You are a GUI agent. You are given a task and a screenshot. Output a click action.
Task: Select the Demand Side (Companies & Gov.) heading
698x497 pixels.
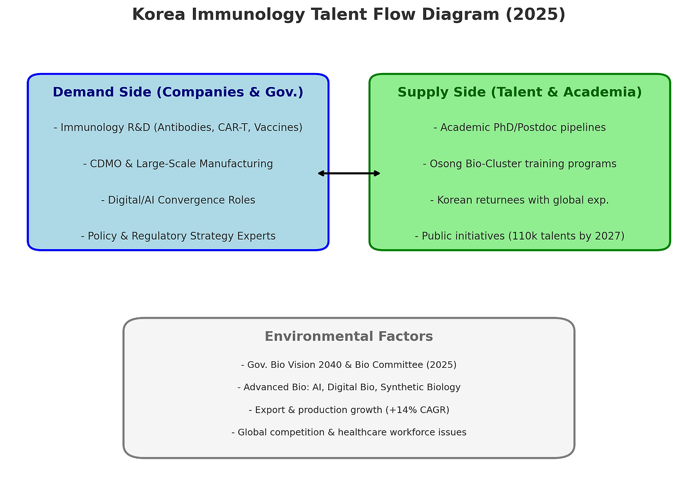[178, 93]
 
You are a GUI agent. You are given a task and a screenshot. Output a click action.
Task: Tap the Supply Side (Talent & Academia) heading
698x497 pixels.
[519, 93]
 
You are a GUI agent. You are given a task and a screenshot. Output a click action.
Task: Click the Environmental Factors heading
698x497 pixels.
[348, 337]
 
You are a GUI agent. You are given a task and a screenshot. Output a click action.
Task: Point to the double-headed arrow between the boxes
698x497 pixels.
[349, 173]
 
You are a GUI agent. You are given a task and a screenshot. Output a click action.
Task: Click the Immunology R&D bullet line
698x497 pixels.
[178, 128]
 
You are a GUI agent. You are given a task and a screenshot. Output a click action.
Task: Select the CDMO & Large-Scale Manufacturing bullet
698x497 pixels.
[178, 164]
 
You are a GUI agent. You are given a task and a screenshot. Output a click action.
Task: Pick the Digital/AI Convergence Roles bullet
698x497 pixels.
[178, 200]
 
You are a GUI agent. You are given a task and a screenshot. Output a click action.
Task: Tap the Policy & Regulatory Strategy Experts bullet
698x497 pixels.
[178, 236]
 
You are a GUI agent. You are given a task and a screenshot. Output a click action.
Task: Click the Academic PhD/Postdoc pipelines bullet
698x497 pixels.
[519, 128]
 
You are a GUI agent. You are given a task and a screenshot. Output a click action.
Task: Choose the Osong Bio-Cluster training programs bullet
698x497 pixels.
[519, 164]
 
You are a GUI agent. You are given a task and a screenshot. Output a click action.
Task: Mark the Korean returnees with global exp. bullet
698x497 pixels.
[519, 200]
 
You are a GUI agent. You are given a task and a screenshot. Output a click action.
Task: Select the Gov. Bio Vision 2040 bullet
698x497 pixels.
[348, 365]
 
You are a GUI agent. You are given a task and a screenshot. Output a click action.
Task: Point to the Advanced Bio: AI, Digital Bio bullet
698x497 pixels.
[348, 387]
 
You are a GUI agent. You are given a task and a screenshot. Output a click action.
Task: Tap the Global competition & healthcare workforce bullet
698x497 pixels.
[348, 432]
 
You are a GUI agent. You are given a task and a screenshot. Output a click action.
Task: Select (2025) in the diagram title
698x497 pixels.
[535, 15]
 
